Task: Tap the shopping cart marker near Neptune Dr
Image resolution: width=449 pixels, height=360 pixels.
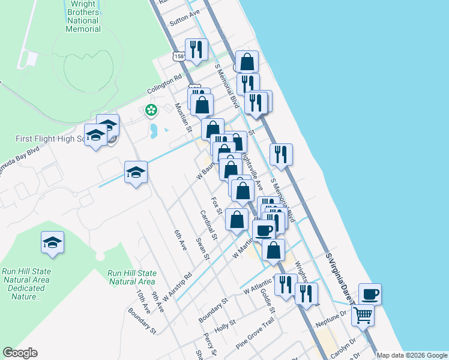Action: point(363,314)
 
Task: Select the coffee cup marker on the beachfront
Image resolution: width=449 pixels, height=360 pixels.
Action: point(370,294)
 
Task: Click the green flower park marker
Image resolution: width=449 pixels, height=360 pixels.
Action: point(151,110)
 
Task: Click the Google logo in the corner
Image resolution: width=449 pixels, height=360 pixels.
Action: point(20,353)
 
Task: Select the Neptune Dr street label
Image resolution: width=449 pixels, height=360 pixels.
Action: point(334,314)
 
